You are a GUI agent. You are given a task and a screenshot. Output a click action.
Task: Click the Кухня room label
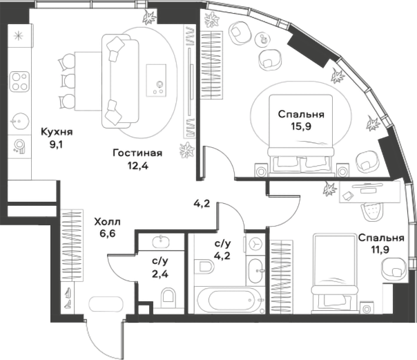click(57, 132)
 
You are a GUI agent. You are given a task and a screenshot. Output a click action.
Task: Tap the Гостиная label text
click(137, 153)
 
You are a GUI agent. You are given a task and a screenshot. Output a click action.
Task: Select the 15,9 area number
click(301, 126)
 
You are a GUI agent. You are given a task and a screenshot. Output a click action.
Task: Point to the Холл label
click(108, 222)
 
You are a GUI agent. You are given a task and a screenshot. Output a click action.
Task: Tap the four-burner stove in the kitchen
click(19, 82)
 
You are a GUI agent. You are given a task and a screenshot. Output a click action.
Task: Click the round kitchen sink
click(19, 122)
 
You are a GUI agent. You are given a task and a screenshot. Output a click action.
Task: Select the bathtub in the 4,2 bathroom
click(229, 300)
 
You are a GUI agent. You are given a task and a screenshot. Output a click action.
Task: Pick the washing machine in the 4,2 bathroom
click(255, 244)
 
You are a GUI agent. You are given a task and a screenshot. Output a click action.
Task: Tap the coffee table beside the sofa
click(156, 80)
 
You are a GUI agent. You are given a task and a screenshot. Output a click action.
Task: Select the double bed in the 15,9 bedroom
click(301, 135)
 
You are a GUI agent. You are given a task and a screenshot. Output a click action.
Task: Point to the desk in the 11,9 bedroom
click(369, 191)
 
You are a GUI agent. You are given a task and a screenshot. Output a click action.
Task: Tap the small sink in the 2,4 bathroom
click(160, 242)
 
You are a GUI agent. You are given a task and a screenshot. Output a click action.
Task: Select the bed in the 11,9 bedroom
click(336, 273)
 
